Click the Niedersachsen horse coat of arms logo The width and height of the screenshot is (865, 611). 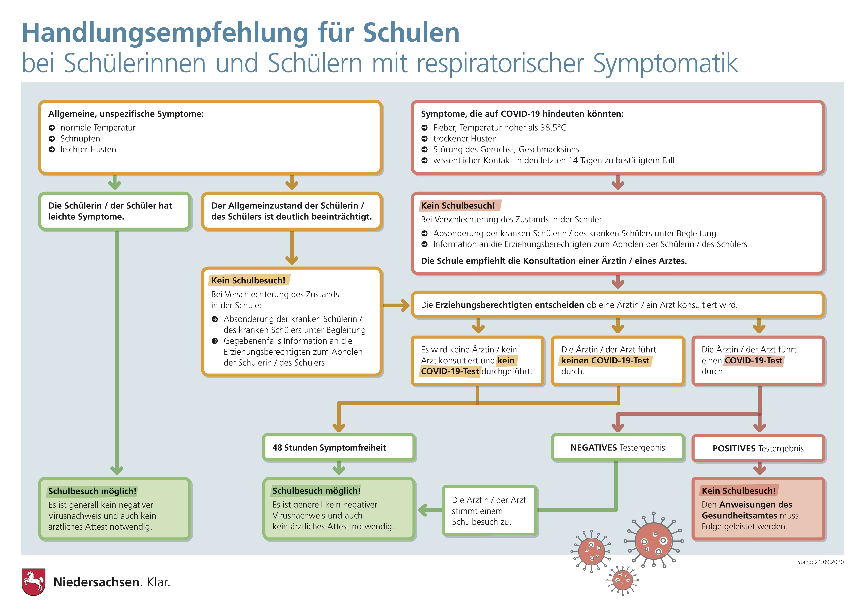[33, 582]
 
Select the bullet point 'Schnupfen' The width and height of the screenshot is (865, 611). [80, 139]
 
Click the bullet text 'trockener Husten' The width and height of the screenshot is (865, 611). [465, 139]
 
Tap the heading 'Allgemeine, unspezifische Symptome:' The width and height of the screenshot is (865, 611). [126, 114]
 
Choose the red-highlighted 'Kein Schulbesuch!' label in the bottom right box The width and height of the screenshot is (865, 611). [738, 491]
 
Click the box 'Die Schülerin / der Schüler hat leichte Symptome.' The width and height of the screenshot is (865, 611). [115, 211]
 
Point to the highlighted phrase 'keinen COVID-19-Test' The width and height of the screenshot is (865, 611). [605, 361]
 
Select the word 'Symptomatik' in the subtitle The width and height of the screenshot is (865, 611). [665, 63]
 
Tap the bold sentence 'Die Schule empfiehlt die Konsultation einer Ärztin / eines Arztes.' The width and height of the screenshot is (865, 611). [554, 261]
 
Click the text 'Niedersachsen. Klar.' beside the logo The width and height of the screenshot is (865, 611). [112, 582]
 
